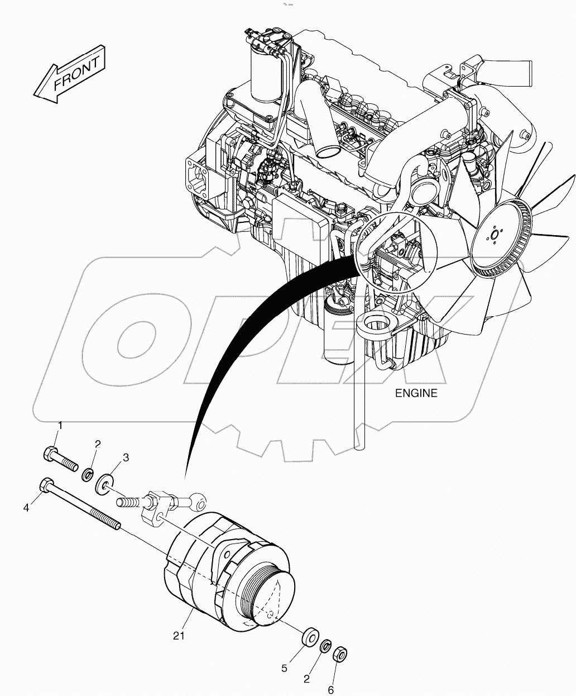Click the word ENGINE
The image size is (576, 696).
click(416, 393)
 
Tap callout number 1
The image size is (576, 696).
click(60, 426)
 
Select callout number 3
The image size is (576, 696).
click(126, 457)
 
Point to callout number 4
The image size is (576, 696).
click(26, 508)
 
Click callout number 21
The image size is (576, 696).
click(179, 636)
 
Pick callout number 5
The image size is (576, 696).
click(284, 668)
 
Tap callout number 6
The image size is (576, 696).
click(330, 690)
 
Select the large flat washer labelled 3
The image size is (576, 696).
click(104, 483)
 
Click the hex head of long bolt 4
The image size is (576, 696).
click(45, 485)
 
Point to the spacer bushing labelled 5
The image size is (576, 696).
click(308, 638)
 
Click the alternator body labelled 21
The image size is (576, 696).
click(223, 570)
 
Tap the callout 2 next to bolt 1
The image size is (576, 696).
click(98, 445)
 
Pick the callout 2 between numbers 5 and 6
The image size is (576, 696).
click(306, 679)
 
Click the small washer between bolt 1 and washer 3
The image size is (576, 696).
click(88, 476)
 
